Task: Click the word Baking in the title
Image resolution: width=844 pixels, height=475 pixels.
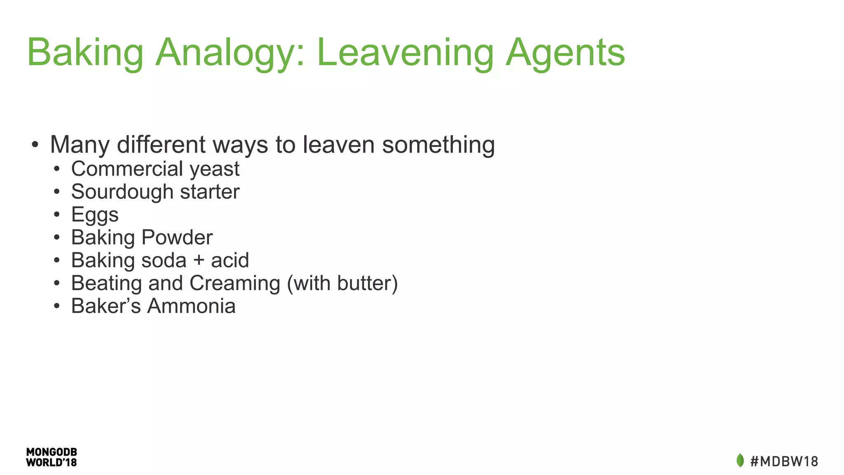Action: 85,53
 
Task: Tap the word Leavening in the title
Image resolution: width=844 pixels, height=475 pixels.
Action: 405,53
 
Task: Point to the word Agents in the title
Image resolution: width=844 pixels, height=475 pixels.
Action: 565,53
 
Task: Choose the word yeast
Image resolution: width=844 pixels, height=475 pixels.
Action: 214,169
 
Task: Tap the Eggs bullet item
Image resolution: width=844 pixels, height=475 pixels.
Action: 95,215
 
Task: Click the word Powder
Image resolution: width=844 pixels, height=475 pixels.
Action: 177,237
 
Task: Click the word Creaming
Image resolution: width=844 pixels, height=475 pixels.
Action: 234,283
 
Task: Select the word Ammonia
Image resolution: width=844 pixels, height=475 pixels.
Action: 191,306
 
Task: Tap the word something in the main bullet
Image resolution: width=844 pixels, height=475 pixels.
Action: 438,145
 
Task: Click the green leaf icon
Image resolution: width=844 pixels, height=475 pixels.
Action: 740,460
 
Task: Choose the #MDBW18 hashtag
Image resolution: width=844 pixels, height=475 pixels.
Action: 784,461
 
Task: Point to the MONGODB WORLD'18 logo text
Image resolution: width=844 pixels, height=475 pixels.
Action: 52,457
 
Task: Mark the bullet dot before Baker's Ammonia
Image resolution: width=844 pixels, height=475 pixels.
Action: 57,306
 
